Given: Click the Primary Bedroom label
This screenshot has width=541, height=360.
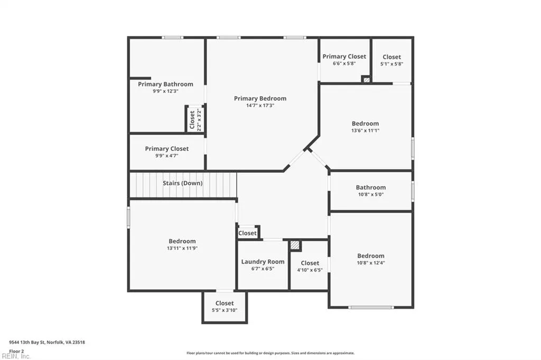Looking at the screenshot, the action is [260, 99].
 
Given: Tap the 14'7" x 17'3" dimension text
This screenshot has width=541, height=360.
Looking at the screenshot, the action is [260, 106].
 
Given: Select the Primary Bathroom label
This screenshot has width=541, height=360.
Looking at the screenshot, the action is [165, 84].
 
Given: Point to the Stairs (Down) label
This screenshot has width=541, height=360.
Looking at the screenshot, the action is [182, 183].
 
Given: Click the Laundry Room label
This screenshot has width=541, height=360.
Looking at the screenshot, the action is [263, 262].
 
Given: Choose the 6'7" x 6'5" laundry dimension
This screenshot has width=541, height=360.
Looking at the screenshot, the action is [263, 269].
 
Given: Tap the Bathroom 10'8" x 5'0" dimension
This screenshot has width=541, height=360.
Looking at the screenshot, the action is [371, 194].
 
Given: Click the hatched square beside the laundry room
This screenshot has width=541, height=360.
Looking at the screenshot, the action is [295, 245].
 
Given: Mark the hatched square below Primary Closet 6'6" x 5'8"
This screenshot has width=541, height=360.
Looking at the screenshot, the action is [367, 80].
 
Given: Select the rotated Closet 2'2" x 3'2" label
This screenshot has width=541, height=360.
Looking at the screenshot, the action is [195, 120].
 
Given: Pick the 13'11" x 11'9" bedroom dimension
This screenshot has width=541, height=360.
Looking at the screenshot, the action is [182, 248].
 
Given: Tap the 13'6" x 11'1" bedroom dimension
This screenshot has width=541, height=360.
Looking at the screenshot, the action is [366, 131].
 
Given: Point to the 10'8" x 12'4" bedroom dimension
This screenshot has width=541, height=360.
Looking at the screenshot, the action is [371, 263].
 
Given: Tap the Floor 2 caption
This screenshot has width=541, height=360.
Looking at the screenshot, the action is [16, 352].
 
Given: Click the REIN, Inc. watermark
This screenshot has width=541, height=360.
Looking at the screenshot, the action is [16, 356].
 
